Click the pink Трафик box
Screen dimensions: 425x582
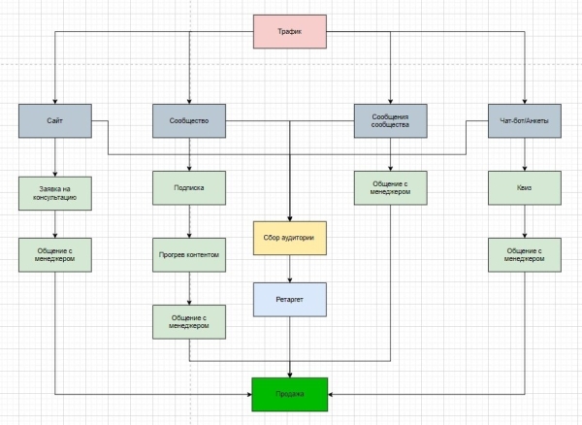(290, 32)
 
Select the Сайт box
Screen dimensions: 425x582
(54, 122)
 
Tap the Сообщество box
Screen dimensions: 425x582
(189, 122)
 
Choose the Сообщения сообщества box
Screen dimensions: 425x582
(390, 122)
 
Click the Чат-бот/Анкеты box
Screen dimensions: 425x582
(525, 122)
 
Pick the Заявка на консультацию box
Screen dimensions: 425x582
(54, 189)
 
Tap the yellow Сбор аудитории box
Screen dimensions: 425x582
(289, 237)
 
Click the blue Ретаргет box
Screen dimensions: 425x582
(289, 301)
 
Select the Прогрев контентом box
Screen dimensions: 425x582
(189, 256)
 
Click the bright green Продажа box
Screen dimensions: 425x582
(290, 394)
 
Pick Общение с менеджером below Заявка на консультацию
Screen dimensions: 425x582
(54, 256)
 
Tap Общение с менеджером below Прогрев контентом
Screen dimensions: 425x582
(189, 321)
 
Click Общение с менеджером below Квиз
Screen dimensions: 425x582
(525, 256)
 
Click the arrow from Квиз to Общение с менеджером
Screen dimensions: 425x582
(525, 221)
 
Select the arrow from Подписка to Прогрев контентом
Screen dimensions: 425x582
(189, 221)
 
